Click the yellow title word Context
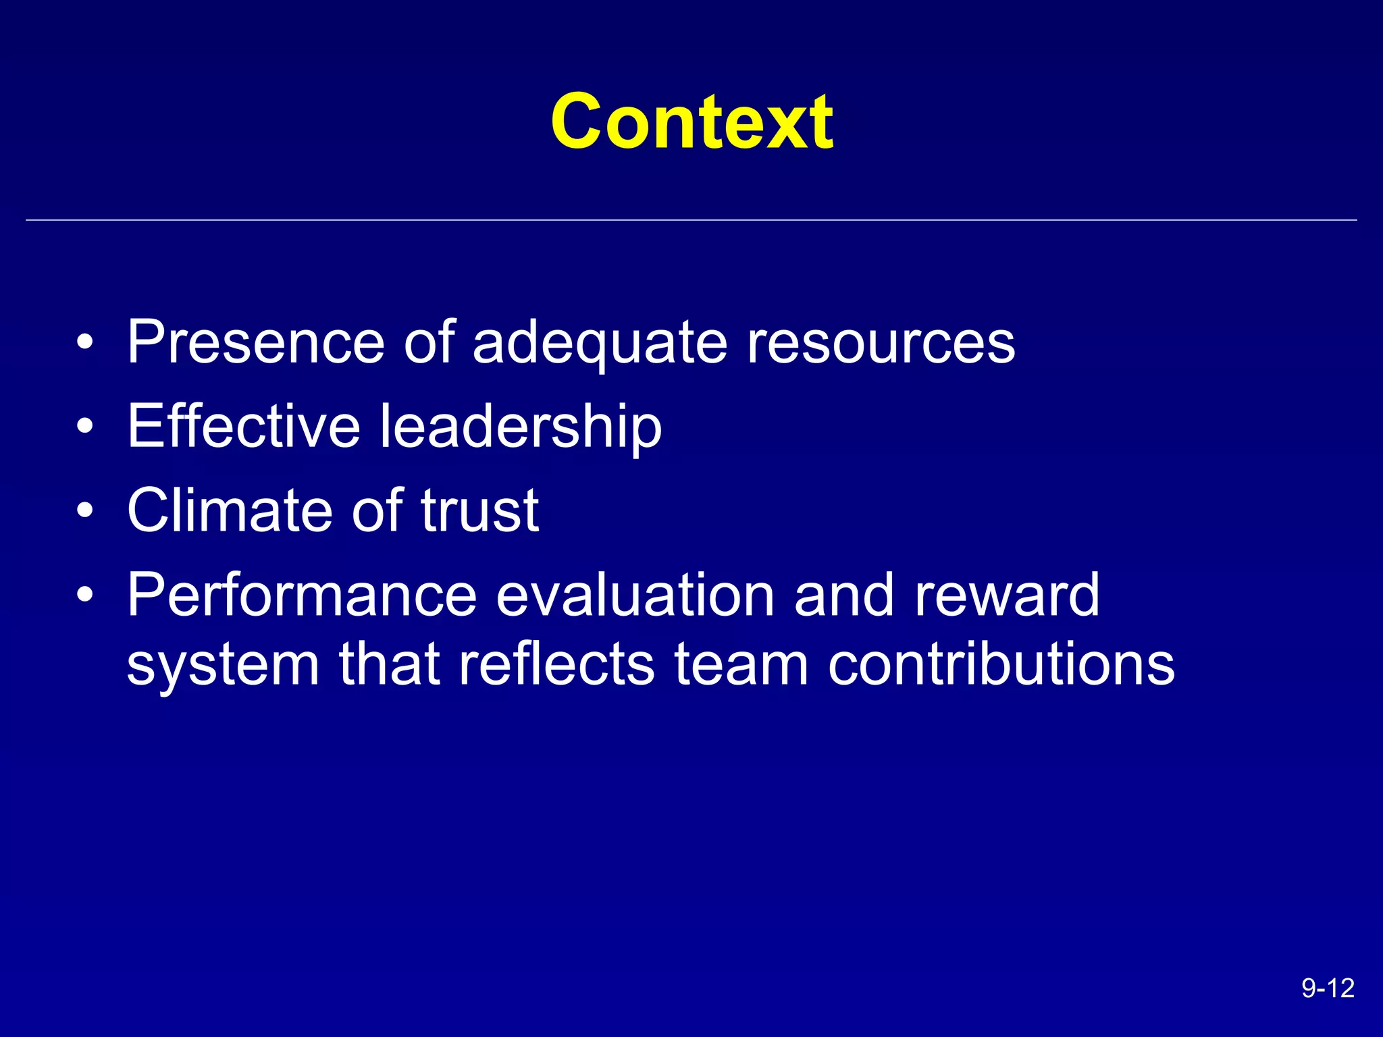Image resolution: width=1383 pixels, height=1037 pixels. pos(691,122)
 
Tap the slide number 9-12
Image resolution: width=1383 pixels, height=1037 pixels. pos(1328,988)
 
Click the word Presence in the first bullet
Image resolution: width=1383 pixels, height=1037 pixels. pos(256,342)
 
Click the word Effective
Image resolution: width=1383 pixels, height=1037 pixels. pos(244,426)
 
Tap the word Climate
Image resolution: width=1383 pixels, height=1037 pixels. pos(229,510)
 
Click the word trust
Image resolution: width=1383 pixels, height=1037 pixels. pos(479,510)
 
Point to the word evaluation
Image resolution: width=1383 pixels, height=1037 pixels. pos(635,595)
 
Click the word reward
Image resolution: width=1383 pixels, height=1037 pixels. pos(1006,595)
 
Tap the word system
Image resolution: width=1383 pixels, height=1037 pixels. pos(223,666)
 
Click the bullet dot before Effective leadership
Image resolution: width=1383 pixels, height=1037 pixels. pos(84,427)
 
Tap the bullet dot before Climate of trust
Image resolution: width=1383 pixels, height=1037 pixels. pos(84,511)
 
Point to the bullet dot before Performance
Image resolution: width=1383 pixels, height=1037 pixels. pos(84,595)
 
